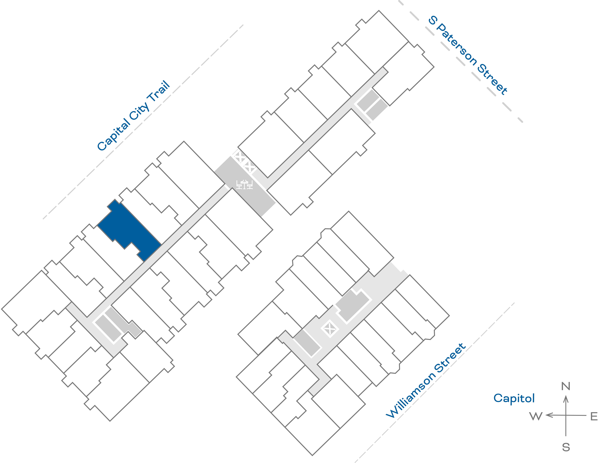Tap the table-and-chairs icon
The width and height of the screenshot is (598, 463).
244,184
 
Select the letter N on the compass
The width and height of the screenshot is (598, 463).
566,386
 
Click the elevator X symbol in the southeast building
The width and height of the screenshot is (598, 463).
330,329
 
